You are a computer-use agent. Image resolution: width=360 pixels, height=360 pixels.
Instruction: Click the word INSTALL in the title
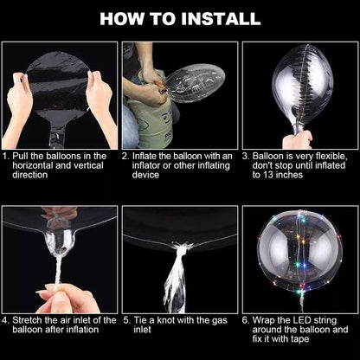(x=221, y=19)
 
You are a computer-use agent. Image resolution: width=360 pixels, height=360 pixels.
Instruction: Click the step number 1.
(x=5, y=157)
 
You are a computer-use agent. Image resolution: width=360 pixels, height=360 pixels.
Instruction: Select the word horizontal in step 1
(x=32, y=165)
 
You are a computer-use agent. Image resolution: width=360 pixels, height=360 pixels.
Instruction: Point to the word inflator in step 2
(x=146, y=165)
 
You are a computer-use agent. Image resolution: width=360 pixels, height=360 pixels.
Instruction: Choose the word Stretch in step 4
(x=28, y=320)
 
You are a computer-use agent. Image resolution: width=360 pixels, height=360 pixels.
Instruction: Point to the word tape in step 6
(x=299, y=339)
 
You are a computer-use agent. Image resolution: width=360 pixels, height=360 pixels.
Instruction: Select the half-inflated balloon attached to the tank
(x=195, y=83)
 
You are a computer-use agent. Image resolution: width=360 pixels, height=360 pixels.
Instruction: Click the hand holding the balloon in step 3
(x=297, y=139)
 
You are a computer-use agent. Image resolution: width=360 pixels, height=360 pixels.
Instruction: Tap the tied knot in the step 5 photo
(x=181, y=247)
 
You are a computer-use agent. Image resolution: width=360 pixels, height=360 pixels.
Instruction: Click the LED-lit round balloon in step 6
(x=300, y=254)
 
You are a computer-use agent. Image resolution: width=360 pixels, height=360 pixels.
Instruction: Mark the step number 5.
(x=127, y=320)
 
